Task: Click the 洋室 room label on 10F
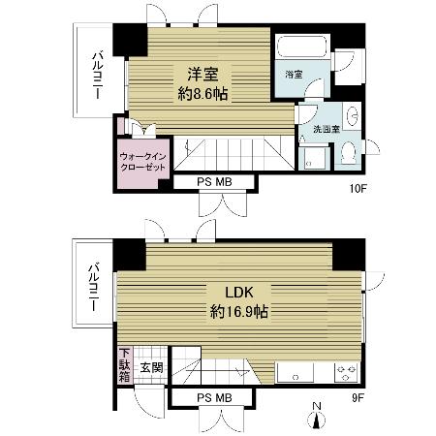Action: click(203, 75)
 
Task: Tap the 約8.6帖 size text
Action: click(202, 94)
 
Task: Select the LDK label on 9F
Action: click(239, 293)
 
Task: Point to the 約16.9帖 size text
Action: click(239, 312)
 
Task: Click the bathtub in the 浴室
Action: click(303, 47)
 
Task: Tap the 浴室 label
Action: click(294, 75)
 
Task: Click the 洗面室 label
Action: click(327, 130)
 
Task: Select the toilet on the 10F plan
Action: click(349, 153)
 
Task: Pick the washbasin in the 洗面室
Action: click(352, 115)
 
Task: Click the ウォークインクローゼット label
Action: click(142, 162)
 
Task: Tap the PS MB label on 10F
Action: click(214, 182)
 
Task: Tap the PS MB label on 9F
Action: click(214, 398)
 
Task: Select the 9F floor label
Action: click(358, 398)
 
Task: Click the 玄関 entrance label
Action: click(151, 367)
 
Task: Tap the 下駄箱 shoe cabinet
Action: click(124, 365)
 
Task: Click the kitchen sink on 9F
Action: click(296, 372)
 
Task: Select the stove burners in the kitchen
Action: click(346, 372)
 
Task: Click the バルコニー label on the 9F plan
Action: click(94, 288)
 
